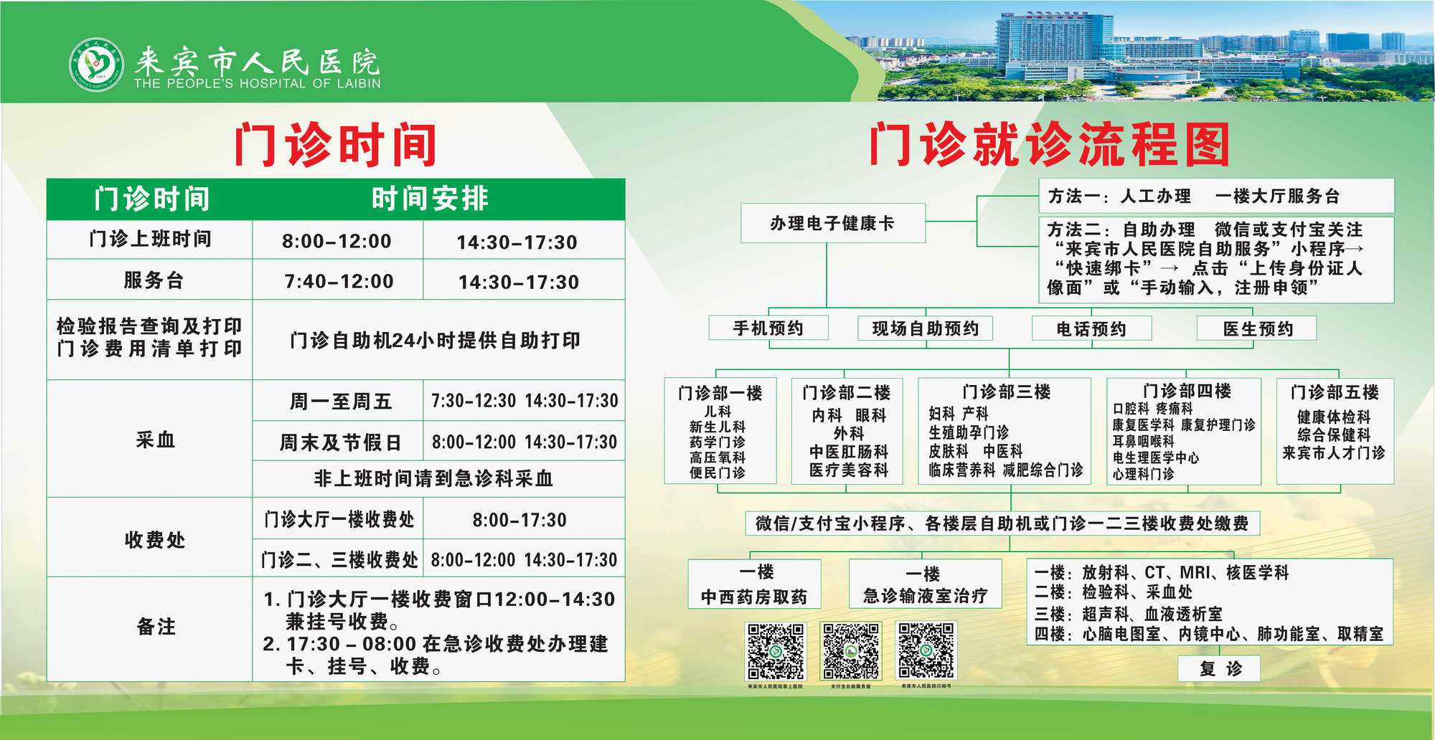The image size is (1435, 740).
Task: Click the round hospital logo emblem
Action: click(95, 65)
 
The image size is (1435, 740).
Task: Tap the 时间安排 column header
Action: click(430, 199)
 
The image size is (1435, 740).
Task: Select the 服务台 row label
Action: click(153, 280)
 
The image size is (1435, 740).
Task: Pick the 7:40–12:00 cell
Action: click(339, 281)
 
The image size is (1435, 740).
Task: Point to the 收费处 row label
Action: click(154, 539)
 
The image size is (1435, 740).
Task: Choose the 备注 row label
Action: click(156, 627)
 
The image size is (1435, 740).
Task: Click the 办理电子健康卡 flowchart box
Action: click(832, 223)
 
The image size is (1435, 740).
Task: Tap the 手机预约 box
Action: click(768, 328)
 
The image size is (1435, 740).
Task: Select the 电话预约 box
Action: click(1091, 328)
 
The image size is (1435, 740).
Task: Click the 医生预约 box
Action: click(1257, 328)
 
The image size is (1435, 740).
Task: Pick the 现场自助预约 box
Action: click(925, 328)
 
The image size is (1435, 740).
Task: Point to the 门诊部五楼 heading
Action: click(1335, 392)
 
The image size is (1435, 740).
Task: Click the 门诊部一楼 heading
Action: click(720, 393)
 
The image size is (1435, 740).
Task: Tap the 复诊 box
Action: click(1220, 669)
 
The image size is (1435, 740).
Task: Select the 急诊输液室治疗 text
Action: click(925, 596)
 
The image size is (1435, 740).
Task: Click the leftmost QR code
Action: click(776, 650)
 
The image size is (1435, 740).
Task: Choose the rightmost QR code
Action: click(926, 650)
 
